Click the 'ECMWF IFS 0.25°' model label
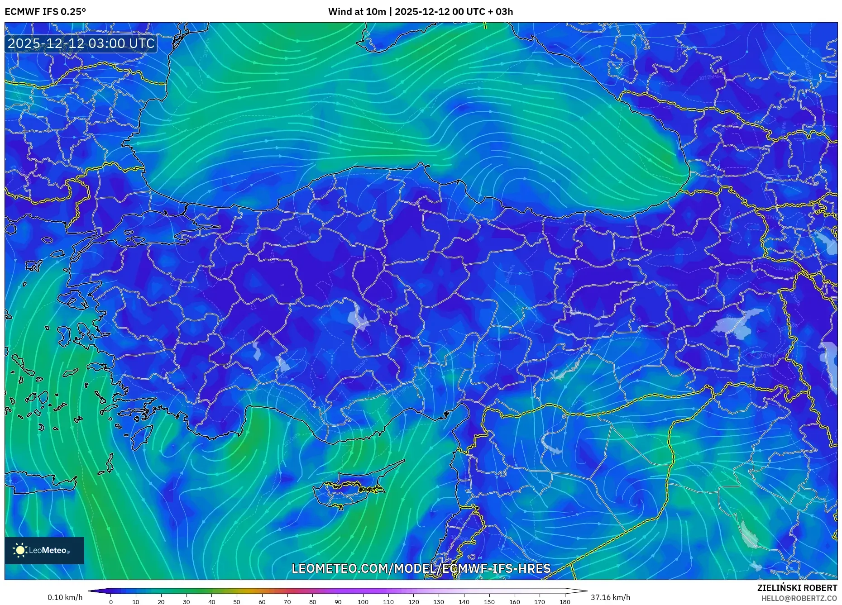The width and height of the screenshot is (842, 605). (x=45, y=12)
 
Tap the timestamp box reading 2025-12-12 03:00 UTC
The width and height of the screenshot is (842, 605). (x=81, y=43)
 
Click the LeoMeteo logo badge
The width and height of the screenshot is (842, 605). (x=44, y=550)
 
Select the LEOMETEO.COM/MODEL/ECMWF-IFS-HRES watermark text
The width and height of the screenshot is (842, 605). (x=421, y=568)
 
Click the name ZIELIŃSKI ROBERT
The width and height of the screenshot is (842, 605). (x=797, y=588)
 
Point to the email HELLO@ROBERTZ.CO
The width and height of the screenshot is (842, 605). (x=799, y=598)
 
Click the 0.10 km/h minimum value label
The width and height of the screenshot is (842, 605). (x=65, y=597)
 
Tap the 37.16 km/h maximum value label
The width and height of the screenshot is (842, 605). (x=610, y=597)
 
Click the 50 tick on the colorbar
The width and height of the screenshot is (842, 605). (x=237, y=601)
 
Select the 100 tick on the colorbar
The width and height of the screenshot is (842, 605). (x=363, y=601)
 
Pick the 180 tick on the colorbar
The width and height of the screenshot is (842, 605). (x=565, y=601)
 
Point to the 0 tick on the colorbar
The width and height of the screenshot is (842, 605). (x=111, y=601)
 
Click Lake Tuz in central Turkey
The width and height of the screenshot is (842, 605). (x=358, y=316)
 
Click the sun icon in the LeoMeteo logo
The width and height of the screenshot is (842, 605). (x=20, y=550)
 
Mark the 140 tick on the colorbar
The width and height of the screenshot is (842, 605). (x=464, y=601)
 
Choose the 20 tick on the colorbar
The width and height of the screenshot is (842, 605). (x=161, y=601)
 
